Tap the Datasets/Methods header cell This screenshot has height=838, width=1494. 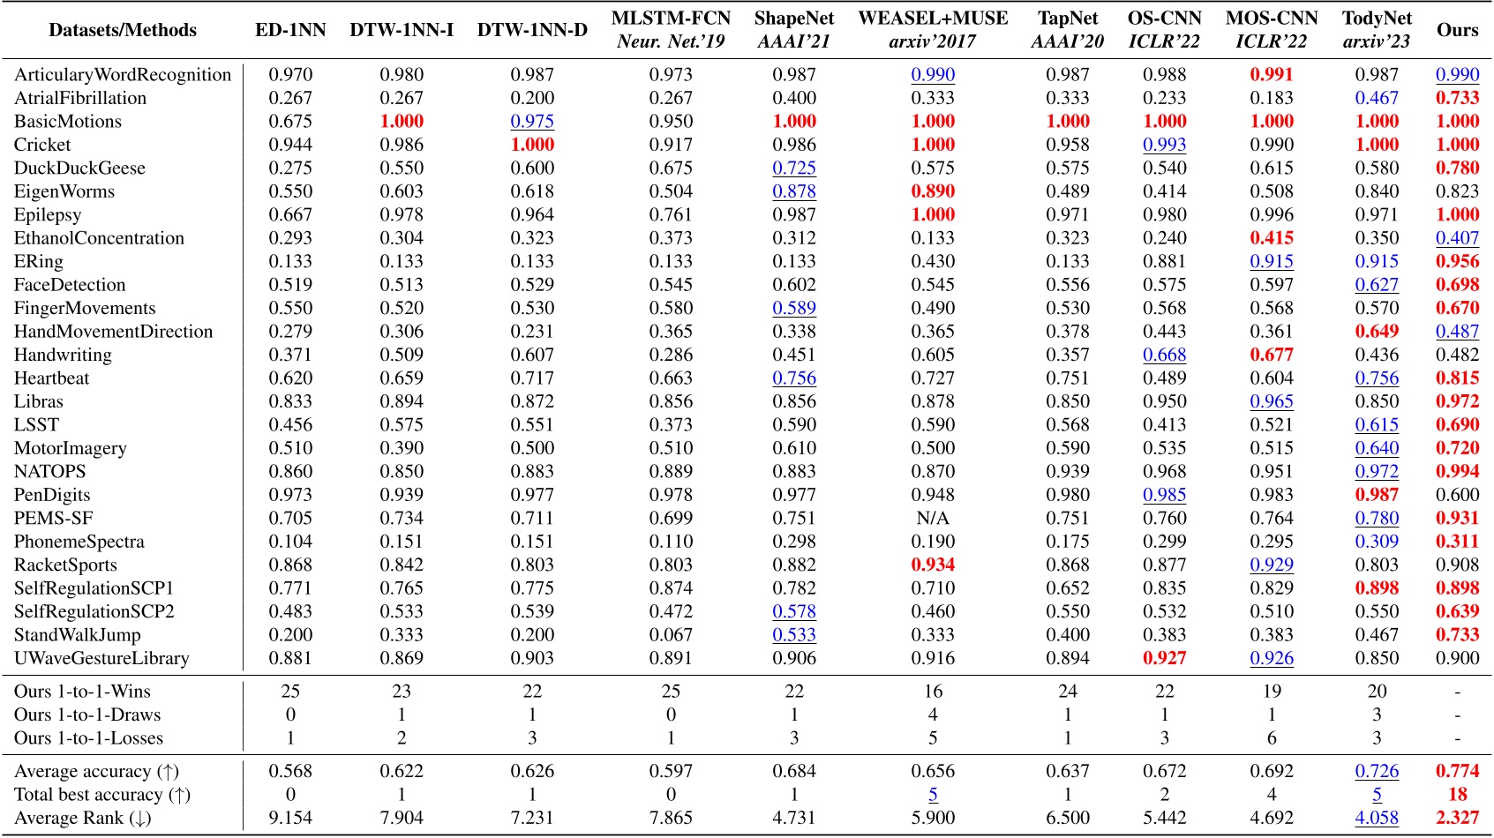tap(123, 30)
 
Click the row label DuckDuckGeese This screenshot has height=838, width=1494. tap(79, 168)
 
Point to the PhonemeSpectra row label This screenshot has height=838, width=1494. tap(79, 542)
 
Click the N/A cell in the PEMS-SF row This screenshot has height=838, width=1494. tap(933, 519)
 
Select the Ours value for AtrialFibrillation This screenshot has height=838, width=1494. tap(1457, 98)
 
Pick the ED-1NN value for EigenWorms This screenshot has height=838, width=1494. tap(290, 191)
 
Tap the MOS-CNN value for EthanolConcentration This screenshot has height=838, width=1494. tap(1272, 238)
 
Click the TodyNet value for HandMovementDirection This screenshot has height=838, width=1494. tap(1377, 332)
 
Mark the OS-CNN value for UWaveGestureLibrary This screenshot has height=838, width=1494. tap(1165, 658)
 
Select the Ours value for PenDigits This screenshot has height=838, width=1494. tap(1457, 495)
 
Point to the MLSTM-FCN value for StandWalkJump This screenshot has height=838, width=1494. tap(671, 635)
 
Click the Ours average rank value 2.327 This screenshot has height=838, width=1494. tap(1457, 818)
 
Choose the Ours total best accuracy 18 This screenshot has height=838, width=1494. tap(1457, 795)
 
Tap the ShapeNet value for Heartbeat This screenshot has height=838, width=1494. tap(794, 378)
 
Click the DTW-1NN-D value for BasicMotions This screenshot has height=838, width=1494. tap(532, 122)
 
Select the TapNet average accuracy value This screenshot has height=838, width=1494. tap(1068, 771)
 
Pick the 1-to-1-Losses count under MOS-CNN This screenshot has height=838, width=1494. tap(1272, 738)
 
